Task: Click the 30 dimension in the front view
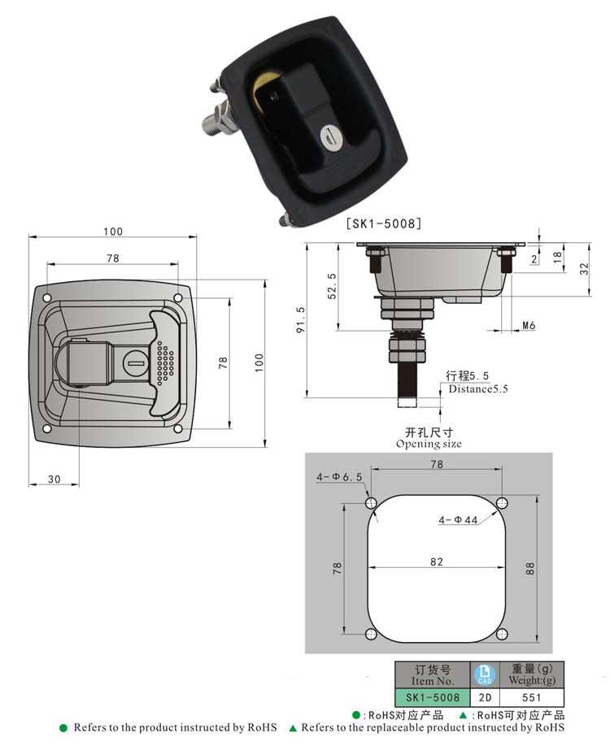pyautogui.click(x=54, y=479)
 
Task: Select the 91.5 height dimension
pyautogui.click(x=301, y=319)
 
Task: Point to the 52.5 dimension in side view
pyautogui.click(x=332, y=286)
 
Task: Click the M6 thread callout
pyautogui.click(x=529, y=326)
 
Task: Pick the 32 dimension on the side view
pyautogui.click(x=584, y=269)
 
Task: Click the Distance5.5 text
pyautogui.click(x=478, y=389)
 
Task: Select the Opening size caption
pyautogui.click(x=429, y=444)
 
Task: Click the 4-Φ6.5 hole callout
pyautogui.click(x=340, y=478)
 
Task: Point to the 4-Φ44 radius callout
pyautogui.click(x=458, y=519)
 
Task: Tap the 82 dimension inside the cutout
pyautogui.click(x=437, y=561)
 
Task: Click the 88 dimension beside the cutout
pyautogui.click(x=531, y=568)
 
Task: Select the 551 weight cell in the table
pyautogui.click(x=532, y=697)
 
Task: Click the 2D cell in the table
pyautogui.click(x=485, y=697)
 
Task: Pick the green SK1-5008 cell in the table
pyautogui.click(x=432, y=697)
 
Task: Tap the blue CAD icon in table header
pyautogui.click(x=485, y=674)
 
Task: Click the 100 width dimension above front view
pyautogui.click(x=113, y=232)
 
